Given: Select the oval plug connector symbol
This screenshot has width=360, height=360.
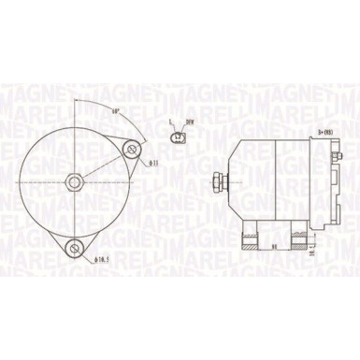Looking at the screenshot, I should point(178,140).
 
